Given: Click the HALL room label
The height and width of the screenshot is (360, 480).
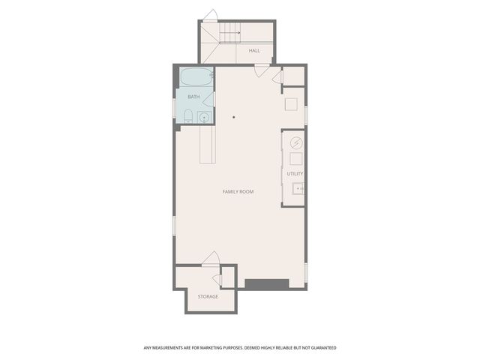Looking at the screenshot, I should [x=254, y=51].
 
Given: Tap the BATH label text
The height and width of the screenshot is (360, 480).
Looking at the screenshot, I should [x=193, y=97].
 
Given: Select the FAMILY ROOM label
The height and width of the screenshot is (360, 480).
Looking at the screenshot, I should [x=238, y=192].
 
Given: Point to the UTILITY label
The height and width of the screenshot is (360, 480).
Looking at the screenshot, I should [x=295, y=174].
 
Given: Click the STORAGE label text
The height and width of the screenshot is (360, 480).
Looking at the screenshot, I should [x=208, y=296].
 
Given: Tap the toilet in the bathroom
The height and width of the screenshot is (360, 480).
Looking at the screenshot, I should [x=187, y=116].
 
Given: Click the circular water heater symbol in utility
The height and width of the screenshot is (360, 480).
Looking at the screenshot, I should [x=295, y=141].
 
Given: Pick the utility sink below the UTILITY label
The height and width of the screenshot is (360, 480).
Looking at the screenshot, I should [x=296, y=189].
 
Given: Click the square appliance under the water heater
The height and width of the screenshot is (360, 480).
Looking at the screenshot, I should [x=295, y=159].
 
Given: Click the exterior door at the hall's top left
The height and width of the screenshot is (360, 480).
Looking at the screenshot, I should [x=210, y=16].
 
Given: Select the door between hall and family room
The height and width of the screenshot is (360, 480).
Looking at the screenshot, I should [x=261, y=70].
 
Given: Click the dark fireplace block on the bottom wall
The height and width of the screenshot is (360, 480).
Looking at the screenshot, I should [x=266, y=283].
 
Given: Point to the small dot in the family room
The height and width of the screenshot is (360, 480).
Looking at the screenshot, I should [x=234, y=117].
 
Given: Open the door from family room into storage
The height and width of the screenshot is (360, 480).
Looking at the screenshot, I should [x=210, y=258].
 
